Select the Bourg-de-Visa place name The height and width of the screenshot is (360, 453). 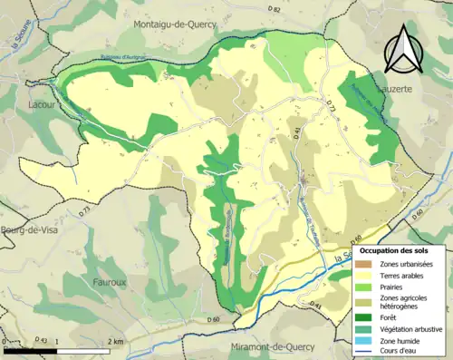pyautogui.click(x=24, y=230)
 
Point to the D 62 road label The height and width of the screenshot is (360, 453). pyautogui.click(x=275, y=8)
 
